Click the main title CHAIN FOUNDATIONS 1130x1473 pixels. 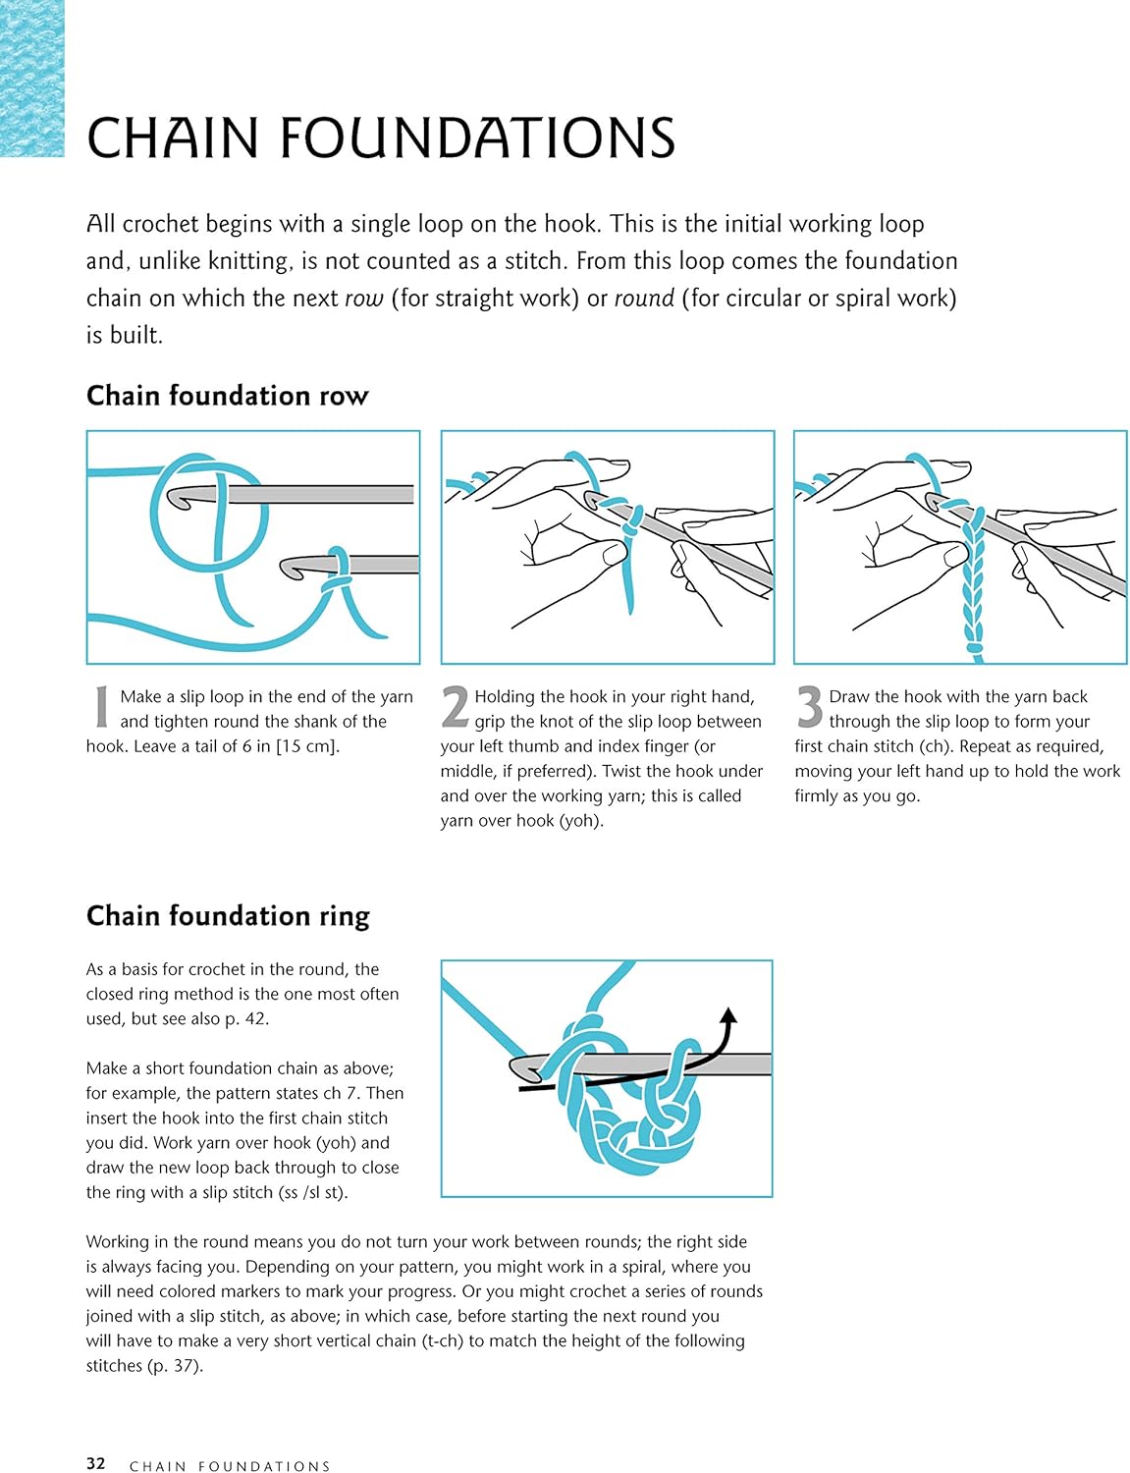[381, 137]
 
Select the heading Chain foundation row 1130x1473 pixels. [227, 396]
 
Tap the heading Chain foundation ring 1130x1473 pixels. [228, 916]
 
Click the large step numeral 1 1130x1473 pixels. [100, 707]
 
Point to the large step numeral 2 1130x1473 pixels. [455, 707]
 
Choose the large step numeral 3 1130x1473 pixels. [809, 707]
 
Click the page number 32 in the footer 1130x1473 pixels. [95, 1464]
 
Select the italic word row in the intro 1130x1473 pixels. [363, 299]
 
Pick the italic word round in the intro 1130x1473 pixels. [644, 299]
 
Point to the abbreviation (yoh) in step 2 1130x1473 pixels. [580, 821]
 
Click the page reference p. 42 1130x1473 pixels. [245, 1019]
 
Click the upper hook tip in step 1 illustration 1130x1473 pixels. [178, 497]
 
